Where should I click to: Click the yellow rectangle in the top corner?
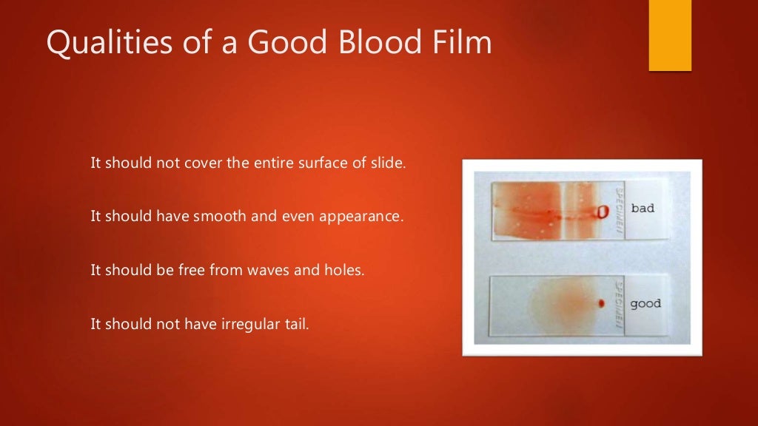coord(670,35)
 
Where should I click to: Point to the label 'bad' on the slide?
coord(643,209)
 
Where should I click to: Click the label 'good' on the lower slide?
coord(645,303)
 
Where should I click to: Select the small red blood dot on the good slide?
coord(601,303)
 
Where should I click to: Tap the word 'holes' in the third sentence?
coord(345,270)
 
